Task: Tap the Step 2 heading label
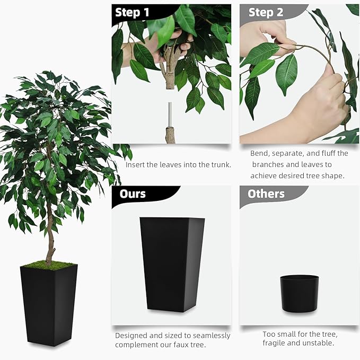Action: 266,12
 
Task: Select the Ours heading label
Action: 133,194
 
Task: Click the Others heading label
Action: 266,194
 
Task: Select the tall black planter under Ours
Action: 172,263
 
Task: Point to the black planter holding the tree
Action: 49,305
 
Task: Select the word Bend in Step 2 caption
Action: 260,153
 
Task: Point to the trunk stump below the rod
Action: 170,135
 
